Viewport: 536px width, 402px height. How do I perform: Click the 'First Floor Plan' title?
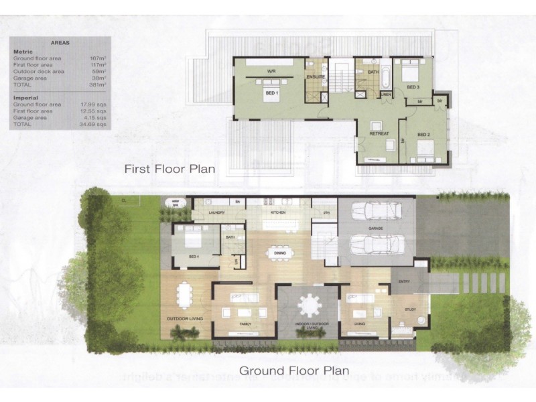coord(170,169)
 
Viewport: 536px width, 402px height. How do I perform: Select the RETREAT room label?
coord(379,134)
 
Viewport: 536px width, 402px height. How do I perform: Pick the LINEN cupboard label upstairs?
coord(385,94)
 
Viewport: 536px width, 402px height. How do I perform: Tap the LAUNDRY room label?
coord(216,213)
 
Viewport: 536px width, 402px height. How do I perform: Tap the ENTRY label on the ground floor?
coord(403,281)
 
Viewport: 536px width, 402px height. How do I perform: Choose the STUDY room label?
coord(411,309)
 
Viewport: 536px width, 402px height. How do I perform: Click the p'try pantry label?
coord(328,213)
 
